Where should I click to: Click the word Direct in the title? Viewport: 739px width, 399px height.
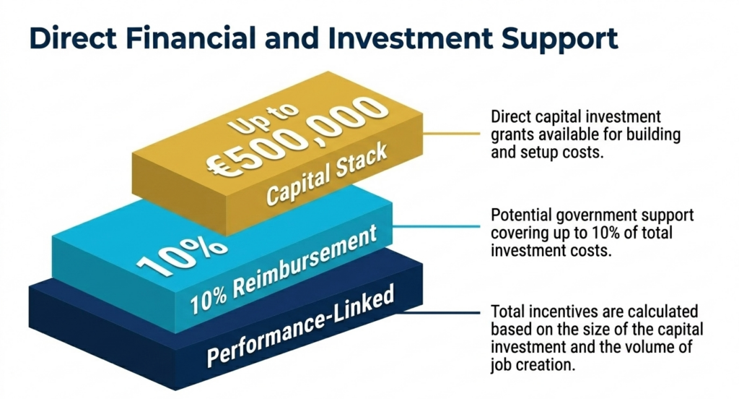click(x=73, y=38)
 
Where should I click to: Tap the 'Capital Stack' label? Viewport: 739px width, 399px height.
click(x=327, y=173)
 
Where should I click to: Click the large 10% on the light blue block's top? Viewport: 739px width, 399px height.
click(x=181, y=256)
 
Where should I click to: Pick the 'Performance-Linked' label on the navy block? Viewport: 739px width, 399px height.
click(x=300, y=326)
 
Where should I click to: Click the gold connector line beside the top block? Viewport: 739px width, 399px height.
click(x=451, y=134)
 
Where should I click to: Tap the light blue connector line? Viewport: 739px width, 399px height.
click(x=436, y=226)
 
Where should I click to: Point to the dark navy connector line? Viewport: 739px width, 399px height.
click(x=438, y=312)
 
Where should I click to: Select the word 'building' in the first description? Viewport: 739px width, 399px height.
click(x=653, y=135)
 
